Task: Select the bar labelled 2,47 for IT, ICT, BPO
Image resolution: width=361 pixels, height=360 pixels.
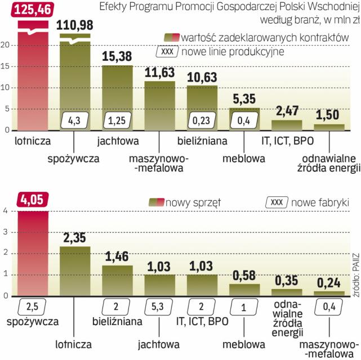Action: click(287, 125)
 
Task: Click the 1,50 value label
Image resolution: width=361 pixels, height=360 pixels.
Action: click(328, 114)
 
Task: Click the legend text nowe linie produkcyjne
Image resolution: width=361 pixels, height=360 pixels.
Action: click(233, 51)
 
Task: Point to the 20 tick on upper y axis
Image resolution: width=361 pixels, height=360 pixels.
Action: click(6, 45)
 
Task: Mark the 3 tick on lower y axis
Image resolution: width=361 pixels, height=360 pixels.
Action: click(6, 232)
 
